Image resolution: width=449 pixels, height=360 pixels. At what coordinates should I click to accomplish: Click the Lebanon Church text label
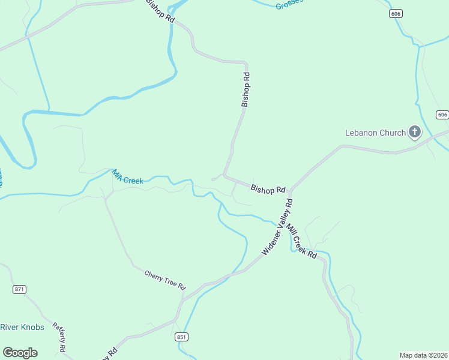pyautogui.click(x=375, y=133)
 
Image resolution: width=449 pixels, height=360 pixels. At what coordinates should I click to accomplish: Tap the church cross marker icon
pyautogui.click(x=414, y=131)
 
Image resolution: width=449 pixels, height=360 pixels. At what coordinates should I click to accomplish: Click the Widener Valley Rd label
pyautogui.click(x=277, y=227)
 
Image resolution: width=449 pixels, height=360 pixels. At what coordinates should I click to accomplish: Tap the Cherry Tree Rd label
pyautogui.click(x=165, y=280)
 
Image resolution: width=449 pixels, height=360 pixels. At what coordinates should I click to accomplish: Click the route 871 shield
pyautogui.click(x=20, y=289)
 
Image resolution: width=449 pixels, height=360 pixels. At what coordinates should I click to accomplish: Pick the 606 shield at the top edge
pyautogui.click(x=394, y=14)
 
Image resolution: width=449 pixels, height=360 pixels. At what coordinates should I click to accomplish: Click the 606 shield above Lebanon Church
pyautogui.click(x=442, y=115)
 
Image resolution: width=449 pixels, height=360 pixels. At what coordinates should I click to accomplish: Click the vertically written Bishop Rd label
pyautogui.click(x=245, y=90)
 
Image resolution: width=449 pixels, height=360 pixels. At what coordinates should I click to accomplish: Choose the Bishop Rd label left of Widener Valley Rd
pyautogui.click(x=268, y=190)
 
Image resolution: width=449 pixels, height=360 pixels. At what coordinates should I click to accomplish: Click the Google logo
pyautogui.click(x=20, y=352)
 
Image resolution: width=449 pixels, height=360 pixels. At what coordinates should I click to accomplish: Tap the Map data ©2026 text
pyautogui.click(x=423, y=355)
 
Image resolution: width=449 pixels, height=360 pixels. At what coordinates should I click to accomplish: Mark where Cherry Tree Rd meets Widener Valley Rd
pyautogui.click(x=183, y=298)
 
